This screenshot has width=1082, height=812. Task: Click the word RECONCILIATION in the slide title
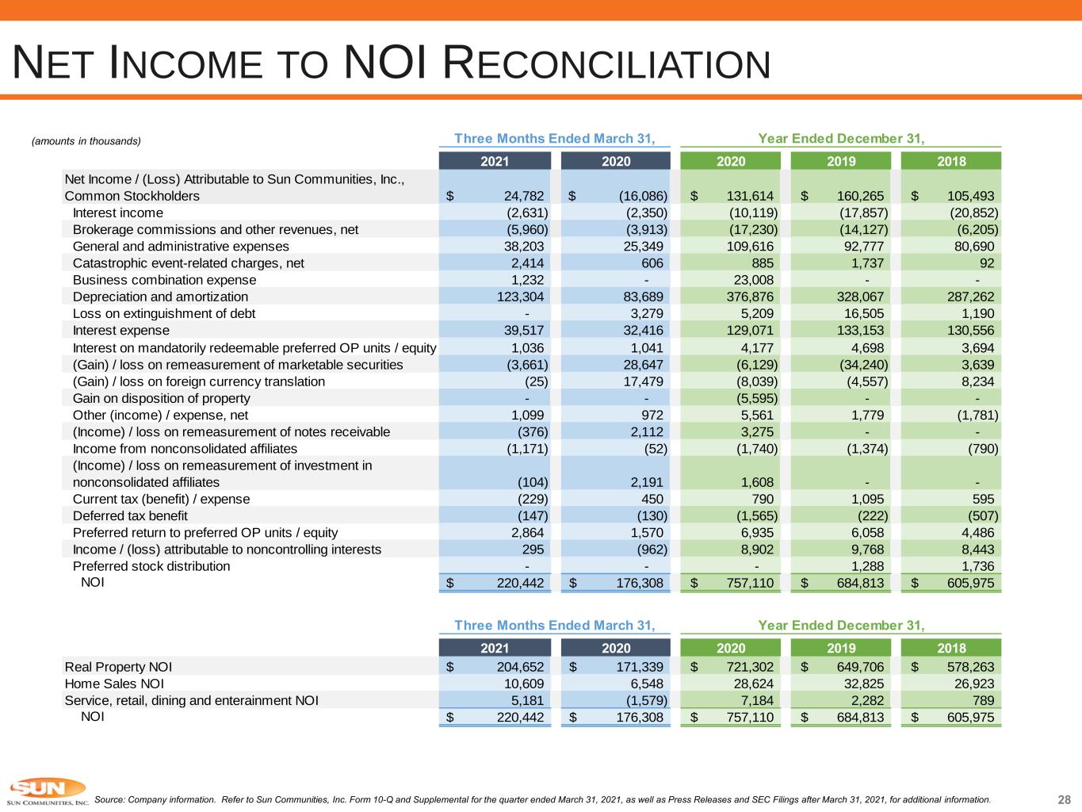coord(607,63)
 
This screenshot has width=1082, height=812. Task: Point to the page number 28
coord(1064,799)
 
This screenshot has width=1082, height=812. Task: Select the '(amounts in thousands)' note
coord(86,141)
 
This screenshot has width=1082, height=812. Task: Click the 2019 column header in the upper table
coord(841,161)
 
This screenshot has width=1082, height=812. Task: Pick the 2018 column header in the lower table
coord(951,648)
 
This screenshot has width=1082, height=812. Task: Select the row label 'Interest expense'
coord(120,331)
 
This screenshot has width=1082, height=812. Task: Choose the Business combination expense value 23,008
coord(754,280)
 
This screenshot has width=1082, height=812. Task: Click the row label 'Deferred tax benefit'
coord(130,515)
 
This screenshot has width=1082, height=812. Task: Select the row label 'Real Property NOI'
coord(118,667)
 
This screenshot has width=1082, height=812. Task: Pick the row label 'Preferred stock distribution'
coord(151,566)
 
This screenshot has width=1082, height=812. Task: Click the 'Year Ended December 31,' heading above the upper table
coord(841,139)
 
